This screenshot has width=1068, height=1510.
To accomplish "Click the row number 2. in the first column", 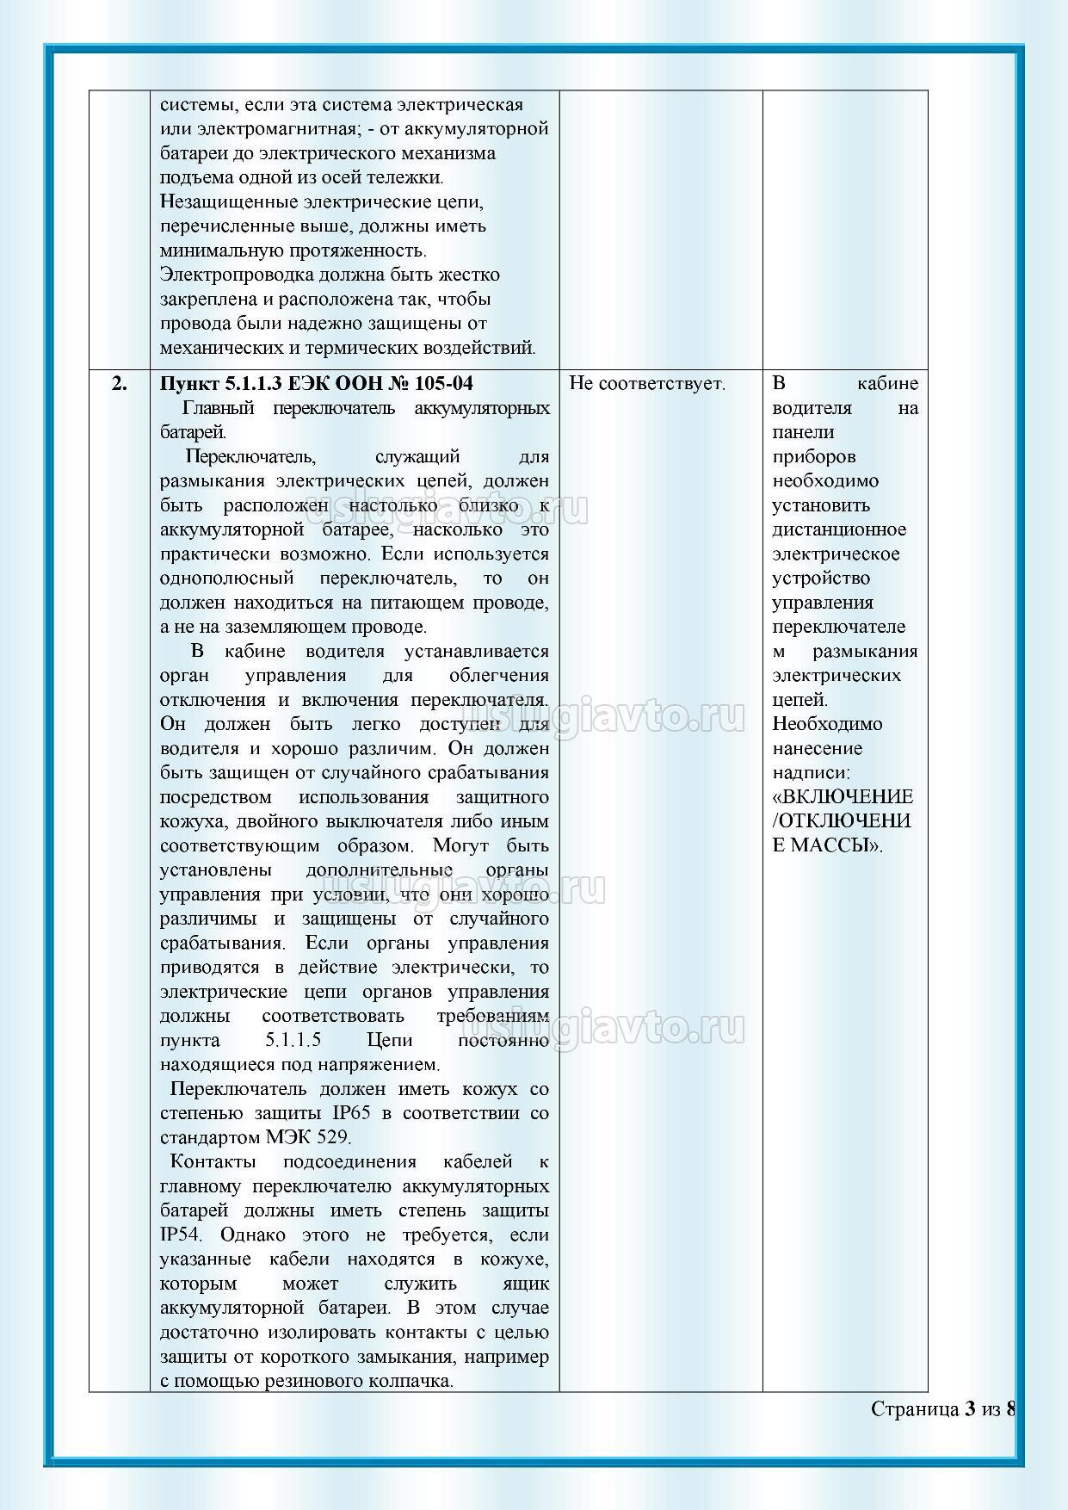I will tap(120, 384).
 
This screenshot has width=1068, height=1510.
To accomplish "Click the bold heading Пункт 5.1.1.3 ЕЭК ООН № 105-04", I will tap(317, 384).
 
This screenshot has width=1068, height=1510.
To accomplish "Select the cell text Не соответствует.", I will tap(647, 384).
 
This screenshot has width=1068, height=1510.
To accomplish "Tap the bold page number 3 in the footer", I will tap(970, 1409).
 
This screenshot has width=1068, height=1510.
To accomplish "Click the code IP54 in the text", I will tap(180, 1235).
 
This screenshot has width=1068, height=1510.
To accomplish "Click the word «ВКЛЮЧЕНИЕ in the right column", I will tap(843, 796).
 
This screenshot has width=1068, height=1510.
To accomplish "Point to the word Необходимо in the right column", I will tap(826, 724).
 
